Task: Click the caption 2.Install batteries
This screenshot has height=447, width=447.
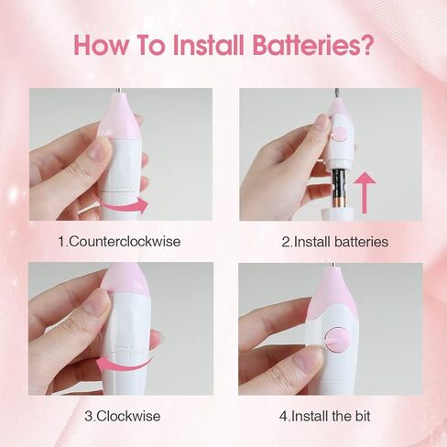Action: click(335, 242)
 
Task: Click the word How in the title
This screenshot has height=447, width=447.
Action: click(97, 45)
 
